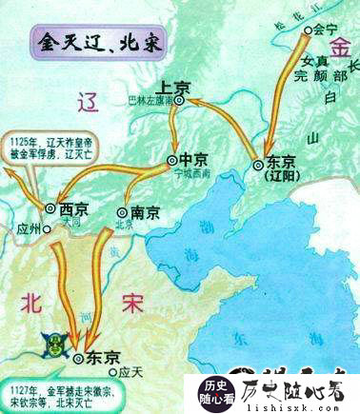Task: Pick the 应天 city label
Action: tap(131, 367)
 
